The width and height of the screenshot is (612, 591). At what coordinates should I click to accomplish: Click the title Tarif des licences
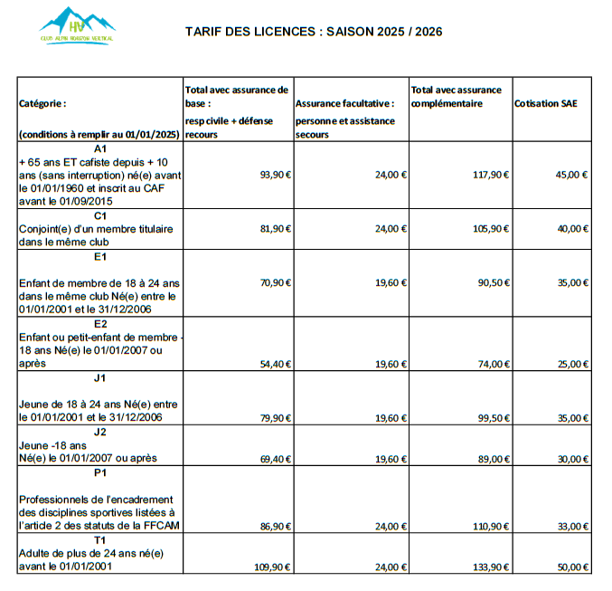click(x=314, y=32)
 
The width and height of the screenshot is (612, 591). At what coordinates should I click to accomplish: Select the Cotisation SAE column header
click(x=545, y=103)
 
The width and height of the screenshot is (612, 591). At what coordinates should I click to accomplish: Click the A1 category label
click(x=99, y=148)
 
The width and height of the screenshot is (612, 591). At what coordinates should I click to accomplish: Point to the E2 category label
click(x=99, y=323)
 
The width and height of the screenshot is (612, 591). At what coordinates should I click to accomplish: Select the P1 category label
click(x=99, y=472)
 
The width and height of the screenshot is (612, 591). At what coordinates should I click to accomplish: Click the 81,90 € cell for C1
click(x=275, y=229)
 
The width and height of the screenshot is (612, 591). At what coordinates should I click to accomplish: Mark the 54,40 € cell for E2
click(x=275, y=364)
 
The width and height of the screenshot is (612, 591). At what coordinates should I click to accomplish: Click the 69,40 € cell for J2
click(x=275, y=459)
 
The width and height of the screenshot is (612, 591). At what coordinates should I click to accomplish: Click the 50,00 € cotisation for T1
click(x=572, y=567)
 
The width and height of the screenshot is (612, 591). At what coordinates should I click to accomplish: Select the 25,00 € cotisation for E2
click(x=572, y=364)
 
